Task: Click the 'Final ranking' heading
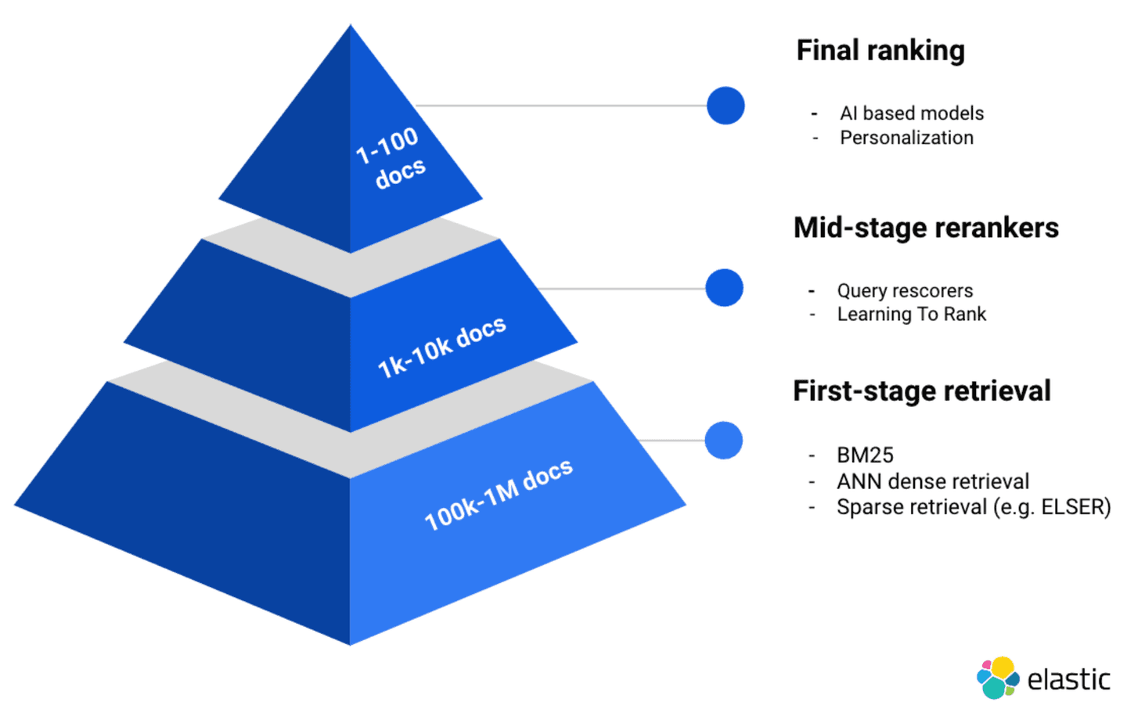pyautogui.click(x=880, y=51)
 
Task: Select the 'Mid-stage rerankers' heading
pyautogui.click(x=925, y=228)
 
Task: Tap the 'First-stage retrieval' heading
pyautogui.click(x=921, y=391)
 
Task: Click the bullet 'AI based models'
pyautogui.click(x=911, y=113)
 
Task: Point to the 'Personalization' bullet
pyautogui.click(x=906, y=138)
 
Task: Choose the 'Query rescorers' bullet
pyautogui.click(x=905, y=291)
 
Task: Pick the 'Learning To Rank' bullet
pyautogui.click(x=911, y=315)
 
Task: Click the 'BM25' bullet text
pyautogui.click(x=865, y=455)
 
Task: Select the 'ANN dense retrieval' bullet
pyautogui.click(x=932, y=481)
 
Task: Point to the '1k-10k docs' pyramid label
pyautogui.click(x=442, y=347)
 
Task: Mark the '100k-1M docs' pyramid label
pyautogui.click(x=499, y=495)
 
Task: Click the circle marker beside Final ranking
pyautogui.click(x=726, y=106)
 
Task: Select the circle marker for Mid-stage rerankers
pyautogui.click(x=724, y=288)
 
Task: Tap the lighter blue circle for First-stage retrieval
pyautogui.click(x=723, y=441)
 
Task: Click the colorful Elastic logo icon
pyautogui.click(x=997, y=678)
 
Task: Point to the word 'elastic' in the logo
pyautogui.click(x=1068, y=679)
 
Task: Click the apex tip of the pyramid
pyautogui.click(x=351, y=28)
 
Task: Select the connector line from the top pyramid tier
pyautogui.click(x=560, y=106)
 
